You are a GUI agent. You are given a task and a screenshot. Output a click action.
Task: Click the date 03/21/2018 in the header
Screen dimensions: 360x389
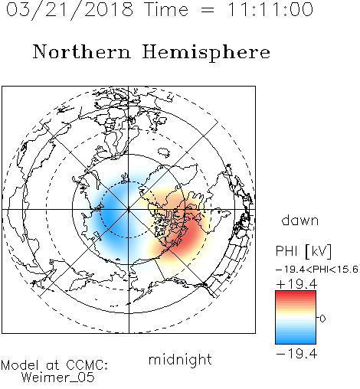coord(70,10)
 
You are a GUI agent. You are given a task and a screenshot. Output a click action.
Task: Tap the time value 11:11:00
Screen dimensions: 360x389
coord(270,9)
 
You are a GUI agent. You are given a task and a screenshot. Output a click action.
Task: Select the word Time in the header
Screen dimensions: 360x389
coord(166,9)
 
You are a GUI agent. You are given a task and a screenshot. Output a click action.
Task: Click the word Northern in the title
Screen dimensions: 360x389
coord(82,51)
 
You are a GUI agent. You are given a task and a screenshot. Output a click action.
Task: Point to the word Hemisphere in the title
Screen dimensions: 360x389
coord(206,53)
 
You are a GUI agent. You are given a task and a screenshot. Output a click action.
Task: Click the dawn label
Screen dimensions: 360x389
coord(300,220)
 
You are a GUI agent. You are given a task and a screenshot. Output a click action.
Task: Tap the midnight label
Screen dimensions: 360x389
coord(180,359)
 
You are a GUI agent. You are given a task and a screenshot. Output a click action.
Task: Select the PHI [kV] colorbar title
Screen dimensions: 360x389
coord(303,251)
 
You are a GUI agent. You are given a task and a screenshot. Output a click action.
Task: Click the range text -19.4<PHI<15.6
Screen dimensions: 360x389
coord(317,270)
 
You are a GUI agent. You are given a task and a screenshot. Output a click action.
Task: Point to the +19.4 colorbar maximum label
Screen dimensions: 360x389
coord(296,284)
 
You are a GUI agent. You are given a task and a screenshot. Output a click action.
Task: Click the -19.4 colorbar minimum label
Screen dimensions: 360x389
coord(296,354)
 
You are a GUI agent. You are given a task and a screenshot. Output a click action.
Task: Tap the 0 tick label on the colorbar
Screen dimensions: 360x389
coord(322,319)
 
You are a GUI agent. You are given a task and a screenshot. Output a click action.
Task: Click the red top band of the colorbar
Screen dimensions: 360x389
coord(296,294)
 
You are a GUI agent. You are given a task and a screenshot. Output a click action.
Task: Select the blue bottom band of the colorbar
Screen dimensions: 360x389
coord(296,340)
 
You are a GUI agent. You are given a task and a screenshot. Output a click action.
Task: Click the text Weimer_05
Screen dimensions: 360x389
coord(58,378)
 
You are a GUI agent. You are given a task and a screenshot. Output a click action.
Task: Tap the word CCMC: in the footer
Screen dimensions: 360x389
coord(87,365)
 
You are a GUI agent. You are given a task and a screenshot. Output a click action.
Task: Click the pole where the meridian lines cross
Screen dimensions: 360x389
coord(129,210)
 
